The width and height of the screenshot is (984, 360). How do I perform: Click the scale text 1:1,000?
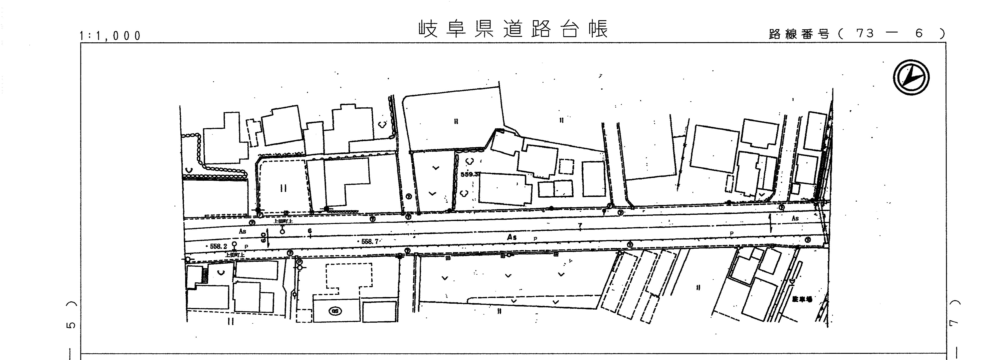pos(110,36)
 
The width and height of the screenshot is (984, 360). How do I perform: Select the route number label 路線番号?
pos(799,34)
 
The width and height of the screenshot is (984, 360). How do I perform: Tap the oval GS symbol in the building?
pos(336,311)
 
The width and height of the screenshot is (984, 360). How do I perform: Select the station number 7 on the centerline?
pos(580,226)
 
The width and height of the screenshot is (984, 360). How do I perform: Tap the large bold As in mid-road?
pos(512,237)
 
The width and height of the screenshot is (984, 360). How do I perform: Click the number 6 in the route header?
pos(919,34)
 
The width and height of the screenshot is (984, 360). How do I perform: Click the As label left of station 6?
pos(243,231)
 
